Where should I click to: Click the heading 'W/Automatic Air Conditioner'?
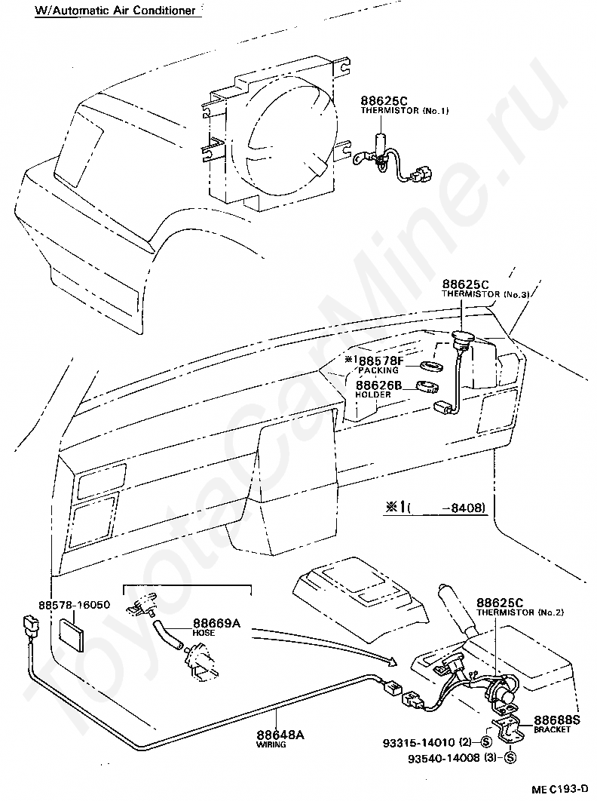pos(115,11)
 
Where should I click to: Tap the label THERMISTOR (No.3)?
pos(485,294)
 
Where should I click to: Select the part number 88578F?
pos(381,361)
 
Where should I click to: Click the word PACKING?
pos(378,370)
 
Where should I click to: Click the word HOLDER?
pos(373,394)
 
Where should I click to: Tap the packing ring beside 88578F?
pos(432,366)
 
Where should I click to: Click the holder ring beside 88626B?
pos(428,387)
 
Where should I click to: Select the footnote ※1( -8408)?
pos(434,508)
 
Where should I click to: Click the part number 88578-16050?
pos(74,605)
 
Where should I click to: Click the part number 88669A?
pos(216,623)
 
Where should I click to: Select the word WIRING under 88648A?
pos(271,744)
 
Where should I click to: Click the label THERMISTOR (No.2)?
pos(520,612)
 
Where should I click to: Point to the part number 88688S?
pos(557,720)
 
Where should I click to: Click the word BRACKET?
pos(552,729)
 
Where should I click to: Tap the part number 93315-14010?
pos(419,743)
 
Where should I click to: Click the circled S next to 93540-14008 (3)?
pos(509,758)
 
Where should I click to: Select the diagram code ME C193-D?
pos(561,790)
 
